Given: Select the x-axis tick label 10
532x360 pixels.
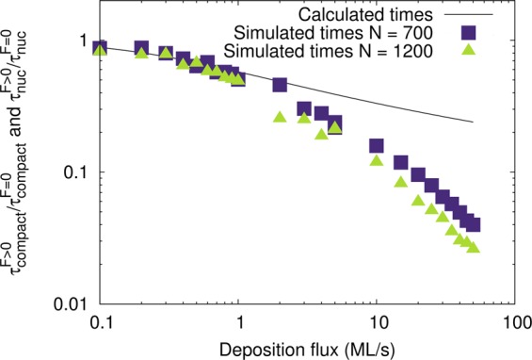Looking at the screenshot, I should click(x=377, y=321).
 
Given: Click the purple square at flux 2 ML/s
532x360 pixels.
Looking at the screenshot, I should click(x=280, y=86).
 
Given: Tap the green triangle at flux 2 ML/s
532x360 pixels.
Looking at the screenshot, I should click(x=280, y=117).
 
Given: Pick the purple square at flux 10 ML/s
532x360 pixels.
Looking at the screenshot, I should click(x=377, y=146).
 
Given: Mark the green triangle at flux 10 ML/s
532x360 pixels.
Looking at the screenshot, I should click(x=377, y=160).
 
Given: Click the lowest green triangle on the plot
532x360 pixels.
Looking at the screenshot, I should click(x=474, y=247).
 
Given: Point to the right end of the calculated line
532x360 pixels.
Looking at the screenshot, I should click(x=474, y=122).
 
